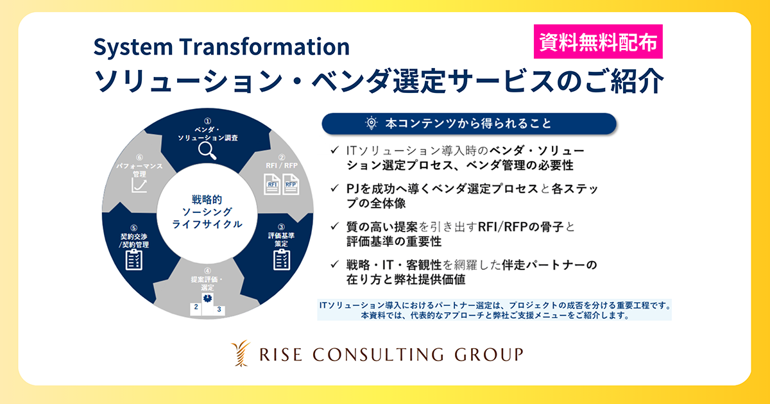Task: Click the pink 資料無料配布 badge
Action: (x=597, y=42)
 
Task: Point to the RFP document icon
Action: (x=291, y=187)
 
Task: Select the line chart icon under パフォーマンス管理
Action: (x=139, y=186)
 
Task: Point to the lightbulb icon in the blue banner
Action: (x=371, y=124)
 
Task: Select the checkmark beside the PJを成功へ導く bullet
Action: (x=334, y=189)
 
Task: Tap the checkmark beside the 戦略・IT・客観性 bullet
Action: (x=334, y=265)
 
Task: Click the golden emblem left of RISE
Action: (x=239, y=354)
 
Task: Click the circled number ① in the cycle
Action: (x=207, y=121)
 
